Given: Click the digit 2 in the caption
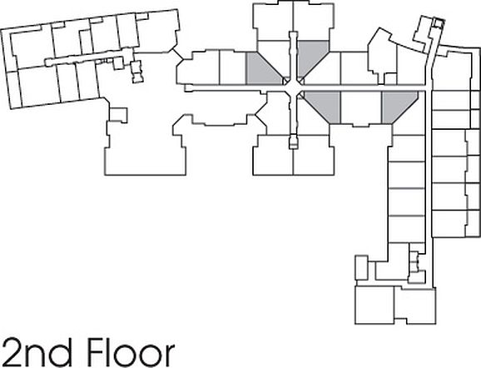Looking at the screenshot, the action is (x=12, y=352).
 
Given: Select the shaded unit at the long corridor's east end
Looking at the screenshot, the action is (x=398, y=106).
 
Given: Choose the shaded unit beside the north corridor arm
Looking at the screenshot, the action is (x=310, y=56).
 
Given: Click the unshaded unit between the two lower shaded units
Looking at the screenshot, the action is (x=361, y=107).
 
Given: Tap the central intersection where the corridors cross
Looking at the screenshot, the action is (x=294, y=87).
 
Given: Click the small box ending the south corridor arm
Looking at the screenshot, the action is (x=294, y=142).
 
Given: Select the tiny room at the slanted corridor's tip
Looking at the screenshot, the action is (x=438, y=23).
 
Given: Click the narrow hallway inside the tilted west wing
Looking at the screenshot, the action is (x=89, y=57).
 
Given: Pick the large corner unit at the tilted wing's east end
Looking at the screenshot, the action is (x=157, y=30).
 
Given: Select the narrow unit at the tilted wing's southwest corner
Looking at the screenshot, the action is (x=13, y=88).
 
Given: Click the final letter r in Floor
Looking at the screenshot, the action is (x=170, y=356).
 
